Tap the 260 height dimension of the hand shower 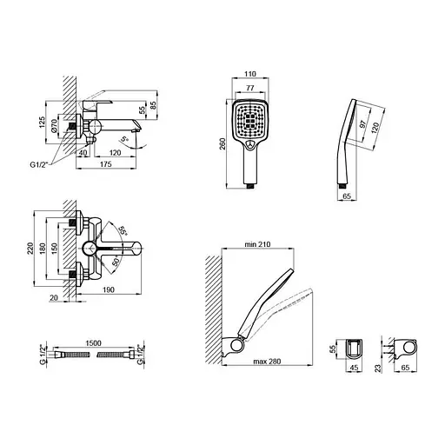coord(223,143)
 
